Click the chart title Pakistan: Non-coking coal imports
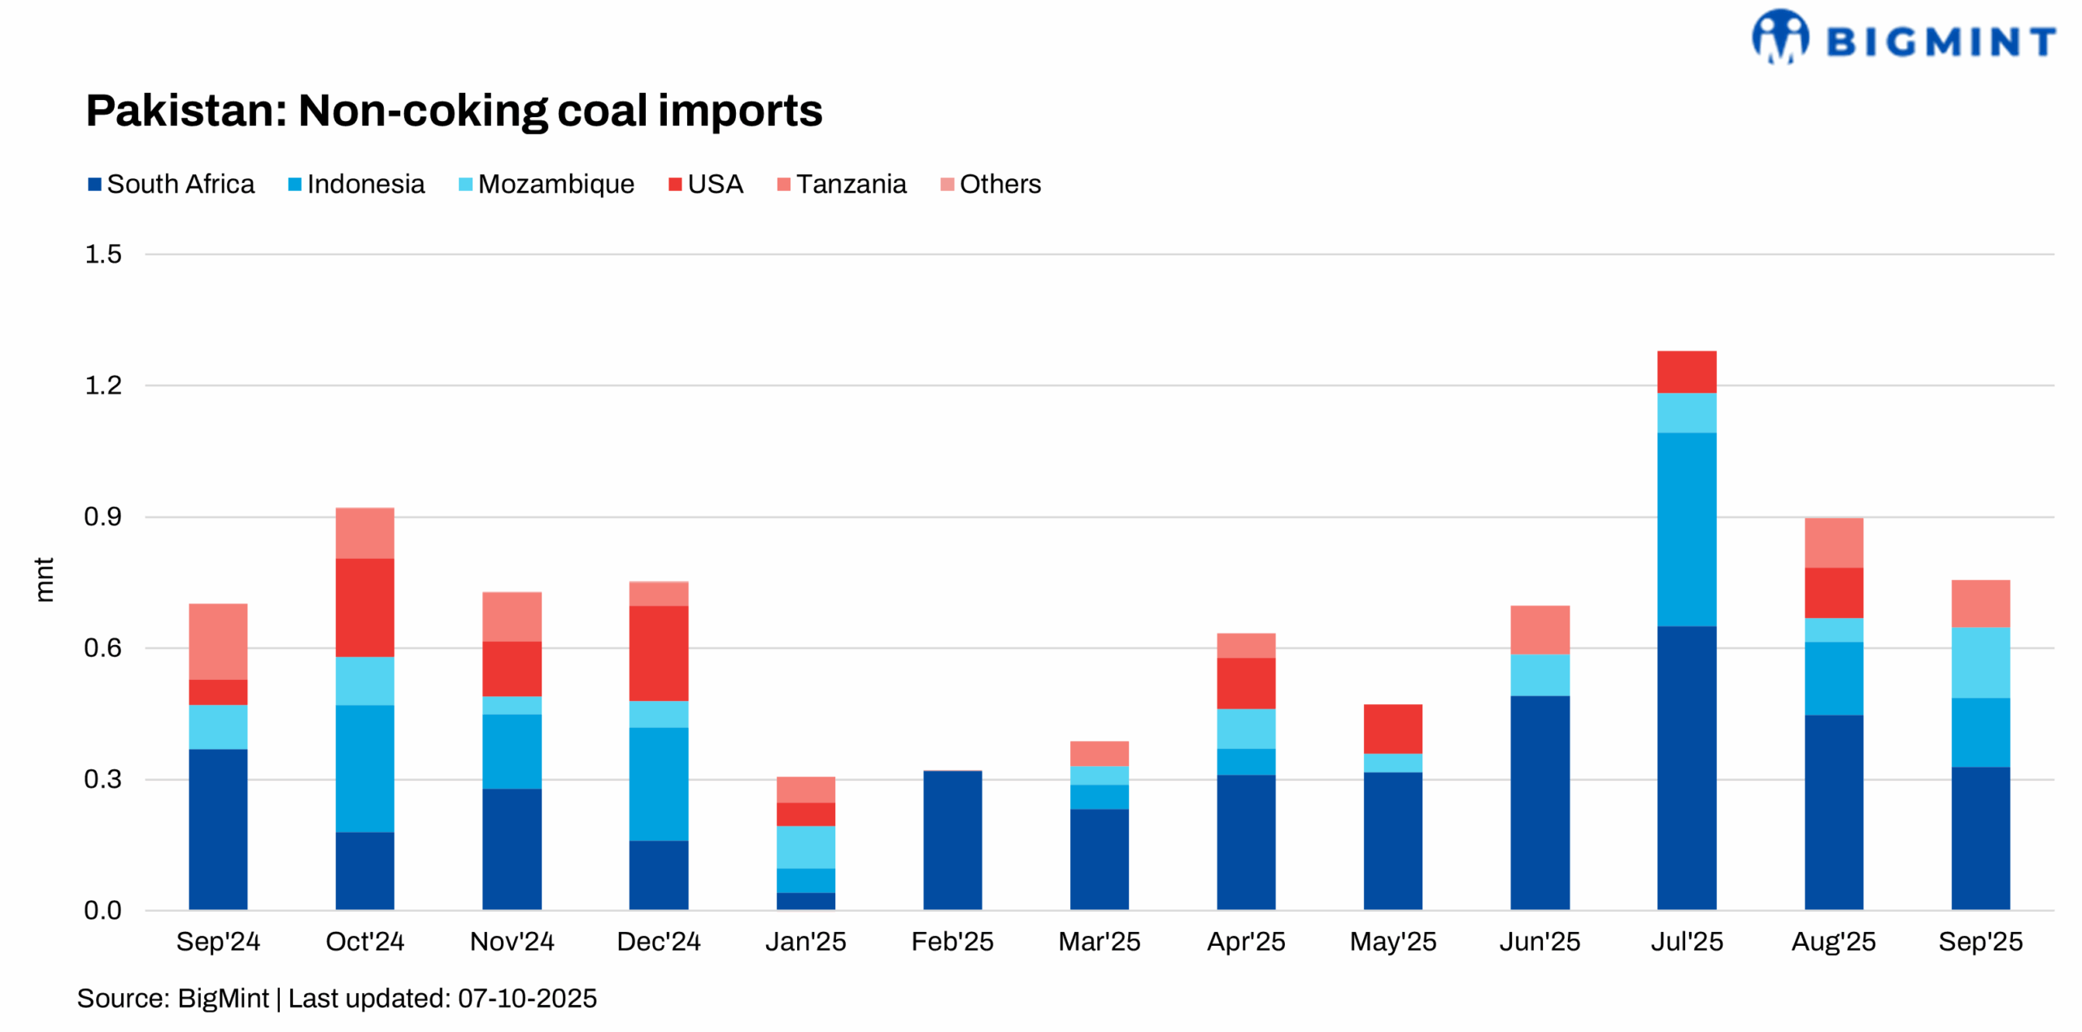tap(454, 111)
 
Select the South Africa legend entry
tap(172, 184)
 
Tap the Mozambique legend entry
tap(547, 184)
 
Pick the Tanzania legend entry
tap(842, 184)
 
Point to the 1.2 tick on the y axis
tap(103, 385)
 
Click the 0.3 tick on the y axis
tap(103, 779)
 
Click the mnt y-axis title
tap(44, 579)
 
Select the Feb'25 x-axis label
tap(952, 941)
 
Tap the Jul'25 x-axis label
tap(1686, 941)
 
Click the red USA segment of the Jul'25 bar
tap(1686, 372)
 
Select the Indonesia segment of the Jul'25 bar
tap(1686, 529)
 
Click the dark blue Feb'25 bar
tap(952, 840)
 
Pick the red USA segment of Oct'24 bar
tap(364, 607)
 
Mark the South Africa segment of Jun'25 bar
tap(1540, 802)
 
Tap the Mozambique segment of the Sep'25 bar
tap(1980, 662)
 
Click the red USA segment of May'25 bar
tap(1392, 729)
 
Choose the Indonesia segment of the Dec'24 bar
tap(658, 783)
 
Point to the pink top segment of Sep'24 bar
tap(218, 641)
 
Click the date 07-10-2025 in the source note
tap(527, 998)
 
